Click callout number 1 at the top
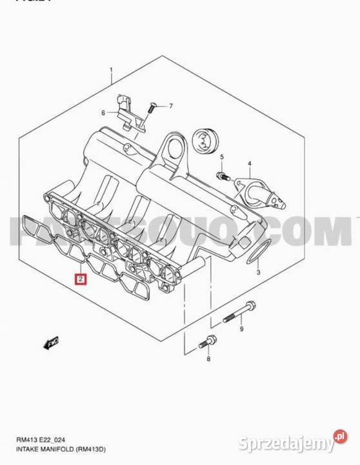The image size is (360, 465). (111, 70)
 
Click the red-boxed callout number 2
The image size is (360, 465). (80, 280)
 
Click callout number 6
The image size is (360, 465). (103, 113)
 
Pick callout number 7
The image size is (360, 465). (171, 106)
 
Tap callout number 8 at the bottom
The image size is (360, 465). (208, 358)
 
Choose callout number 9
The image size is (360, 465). (241, 330)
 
